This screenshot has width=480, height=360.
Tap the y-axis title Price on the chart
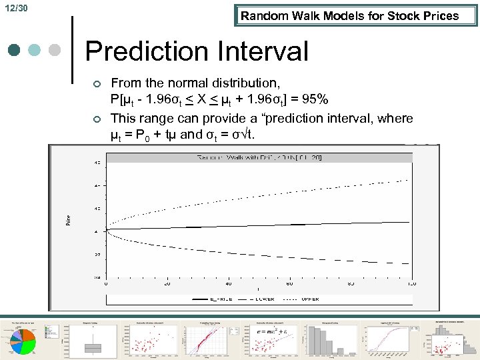pyautogui.click(x=68, y=217)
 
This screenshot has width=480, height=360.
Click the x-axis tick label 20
pyautogui.click(x=167, y=283)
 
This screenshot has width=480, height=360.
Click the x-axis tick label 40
pyautogui.click(x=229, y=283)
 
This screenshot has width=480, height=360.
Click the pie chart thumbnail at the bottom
pyautogui.click(x=27, y=341)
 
